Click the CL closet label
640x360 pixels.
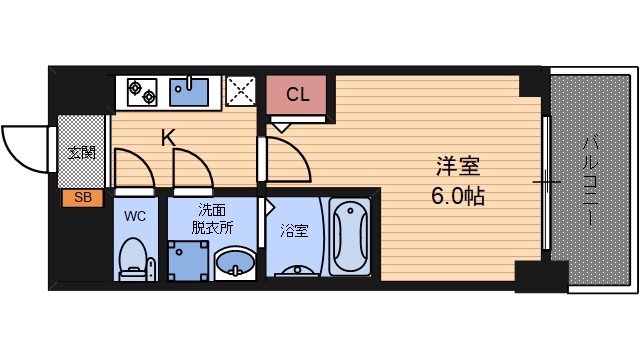pos(298,95)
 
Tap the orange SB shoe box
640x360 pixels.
pos(82,198)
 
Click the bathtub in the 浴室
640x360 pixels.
pos(350,237)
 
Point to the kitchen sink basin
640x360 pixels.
pos(189,91)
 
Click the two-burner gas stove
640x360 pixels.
pos(142,92)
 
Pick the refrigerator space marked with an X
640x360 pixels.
pos(241,91)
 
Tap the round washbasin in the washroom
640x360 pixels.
pos(235,263)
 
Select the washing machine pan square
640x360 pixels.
pos(188,261)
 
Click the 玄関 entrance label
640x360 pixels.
pos(82,153)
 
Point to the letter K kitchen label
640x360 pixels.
pos(168,138)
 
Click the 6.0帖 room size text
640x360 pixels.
pos(458,196)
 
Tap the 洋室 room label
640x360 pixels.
pos(458,167)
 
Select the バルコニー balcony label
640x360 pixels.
pos(591,181)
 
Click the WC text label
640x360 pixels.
pos(135,216)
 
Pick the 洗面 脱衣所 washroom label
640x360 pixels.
pos(212,219)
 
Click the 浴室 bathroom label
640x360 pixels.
pos(294,231)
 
